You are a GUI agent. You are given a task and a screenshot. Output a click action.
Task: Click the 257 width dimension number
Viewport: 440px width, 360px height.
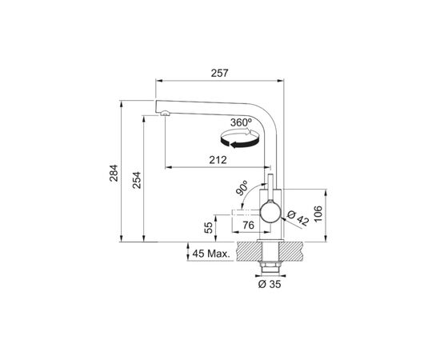click(x=220, y=73)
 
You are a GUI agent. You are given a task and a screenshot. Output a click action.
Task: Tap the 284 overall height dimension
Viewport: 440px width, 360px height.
click(x=114, y=173)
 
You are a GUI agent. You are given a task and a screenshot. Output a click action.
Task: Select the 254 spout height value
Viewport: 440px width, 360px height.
click(x=137, y=180)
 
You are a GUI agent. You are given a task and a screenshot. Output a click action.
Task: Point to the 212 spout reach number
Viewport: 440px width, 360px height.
click(x=218, y=160)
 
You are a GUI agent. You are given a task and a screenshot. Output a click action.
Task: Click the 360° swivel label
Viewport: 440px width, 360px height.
click(x=241, y=122)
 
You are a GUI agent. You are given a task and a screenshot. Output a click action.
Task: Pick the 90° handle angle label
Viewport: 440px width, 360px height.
click(x=242, y=188)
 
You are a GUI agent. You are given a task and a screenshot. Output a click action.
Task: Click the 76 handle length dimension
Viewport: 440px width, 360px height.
click(x=248, y=225)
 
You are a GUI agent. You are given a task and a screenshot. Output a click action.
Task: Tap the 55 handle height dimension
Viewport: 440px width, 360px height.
click(x=209, y=227)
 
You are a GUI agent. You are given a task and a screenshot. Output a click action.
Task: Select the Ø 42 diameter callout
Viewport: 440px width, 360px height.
click(x=298, y=218)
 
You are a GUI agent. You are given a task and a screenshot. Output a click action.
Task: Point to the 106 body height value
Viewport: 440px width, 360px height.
click(x=318, y=214)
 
